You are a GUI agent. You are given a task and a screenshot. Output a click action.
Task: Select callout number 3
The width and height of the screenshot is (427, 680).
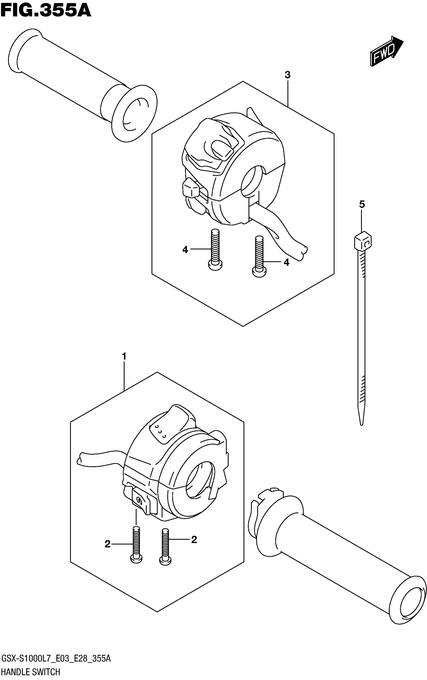tap(287, 75)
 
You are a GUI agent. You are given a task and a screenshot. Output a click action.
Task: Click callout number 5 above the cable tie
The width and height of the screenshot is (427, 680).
tap(362, 204)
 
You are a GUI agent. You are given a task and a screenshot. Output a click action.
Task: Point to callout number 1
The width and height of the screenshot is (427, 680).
tap(124, 356)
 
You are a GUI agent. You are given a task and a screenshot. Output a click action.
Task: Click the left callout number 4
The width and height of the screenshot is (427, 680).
tap(185, 250)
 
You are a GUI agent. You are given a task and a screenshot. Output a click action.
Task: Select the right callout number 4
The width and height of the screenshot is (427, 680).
tap(286, 263)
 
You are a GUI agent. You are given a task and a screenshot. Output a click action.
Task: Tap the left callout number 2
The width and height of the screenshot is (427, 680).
tap(108, 544)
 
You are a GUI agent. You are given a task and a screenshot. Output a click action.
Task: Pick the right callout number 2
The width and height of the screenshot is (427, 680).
tap(194, 540)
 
